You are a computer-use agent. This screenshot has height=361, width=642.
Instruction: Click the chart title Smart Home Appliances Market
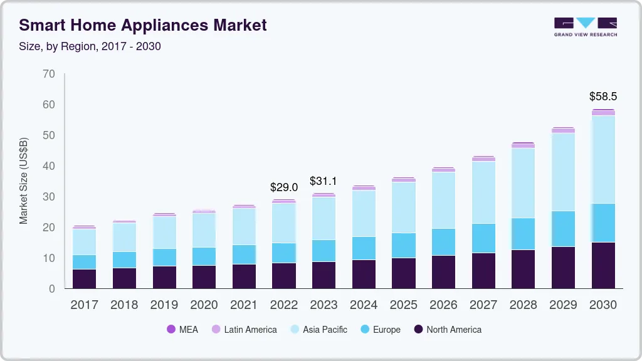(143, 25)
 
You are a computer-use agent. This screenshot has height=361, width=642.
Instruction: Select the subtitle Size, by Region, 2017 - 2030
(90, 46)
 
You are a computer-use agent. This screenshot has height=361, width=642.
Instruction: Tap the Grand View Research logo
(585, 26)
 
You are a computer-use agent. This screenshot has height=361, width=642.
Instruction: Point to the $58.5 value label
(603, 97)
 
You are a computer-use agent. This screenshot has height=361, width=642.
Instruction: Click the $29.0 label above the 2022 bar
(283, 187)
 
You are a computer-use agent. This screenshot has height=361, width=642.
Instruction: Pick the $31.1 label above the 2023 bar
(324, 181)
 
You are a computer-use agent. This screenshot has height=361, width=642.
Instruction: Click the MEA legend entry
(182, 329)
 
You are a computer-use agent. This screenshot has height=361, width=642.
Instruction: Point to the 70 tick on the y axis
(49, 74)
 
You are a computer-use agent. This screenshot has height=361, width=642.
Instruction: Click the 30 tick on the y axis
(49, 197)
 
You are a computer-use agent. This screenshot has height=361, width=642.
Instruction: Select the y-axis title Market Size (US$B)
(24, 180)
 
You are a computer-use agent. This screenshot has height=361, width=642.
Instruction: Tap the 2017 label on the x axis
(84, 305)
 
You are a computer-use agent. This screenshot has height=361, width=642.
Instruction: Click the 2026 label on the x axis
(443, 305)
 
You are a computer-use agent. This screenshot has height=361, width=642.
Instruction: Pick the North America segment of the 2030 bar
(603, 265)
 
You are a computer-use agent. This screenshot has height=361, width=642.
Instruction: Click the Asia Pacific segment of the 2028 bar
(523, 183)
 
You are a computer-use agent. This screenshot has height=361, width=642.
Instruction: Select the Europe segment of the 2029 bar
(563, 229)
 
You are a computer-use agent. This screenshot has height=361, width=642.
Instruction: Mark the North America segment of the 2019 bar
(164, 277)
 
